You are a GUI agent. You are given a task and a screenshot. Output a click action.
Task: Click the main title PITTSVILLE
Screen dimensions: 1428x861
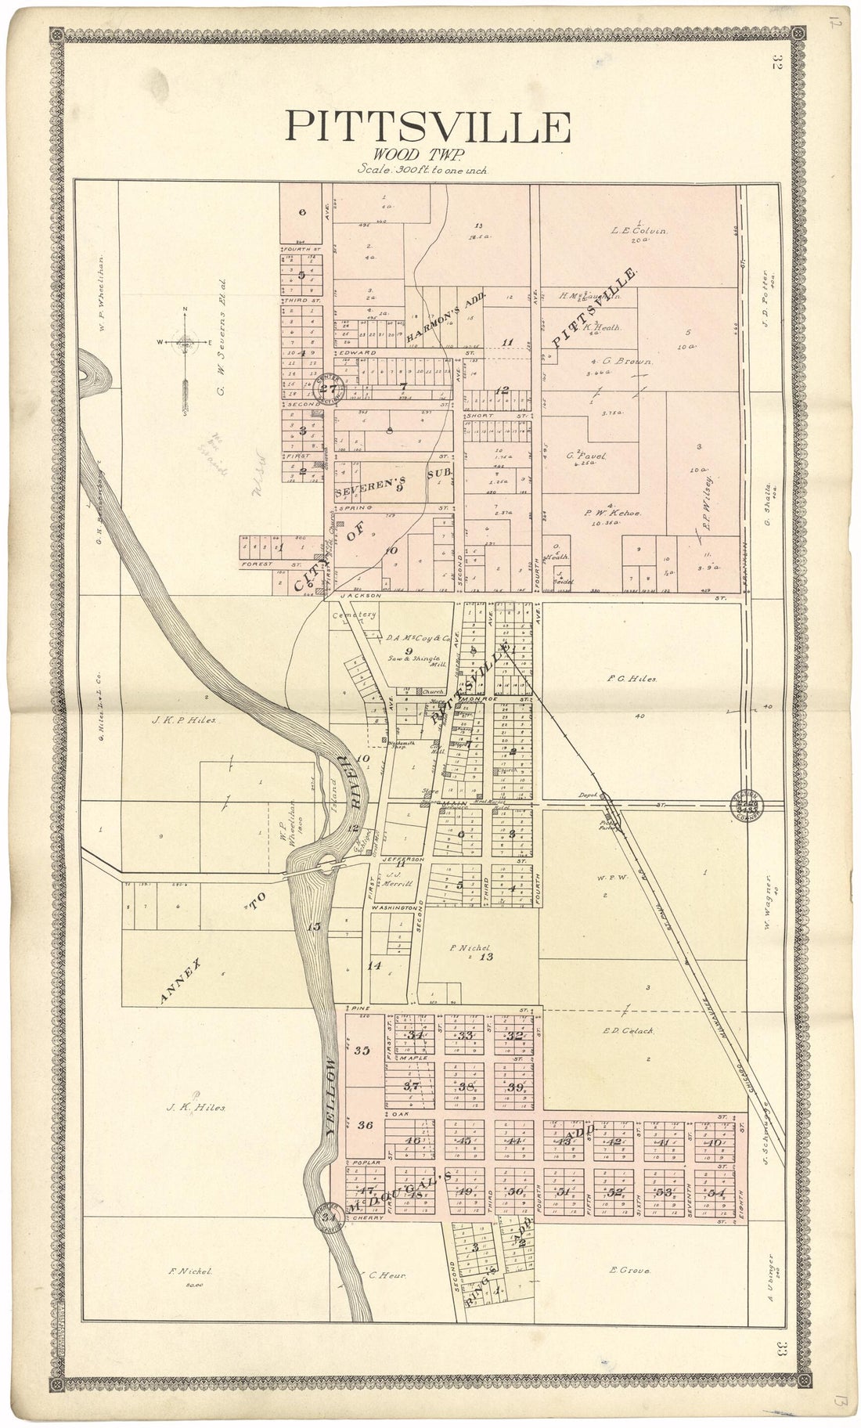(x=427, y=127)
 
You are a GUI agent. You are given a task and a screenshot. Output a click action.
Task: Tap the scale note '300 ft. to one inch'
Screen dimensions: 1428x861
(x=422, y=168)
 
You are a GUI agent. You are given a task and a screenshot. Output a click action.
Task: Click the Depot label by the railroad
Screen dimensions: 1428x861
(x=589, y=795)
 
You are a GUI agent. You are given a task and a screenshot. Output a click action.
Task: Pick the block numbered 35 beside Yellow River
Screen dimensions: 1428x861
(x=362, y=1051)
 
